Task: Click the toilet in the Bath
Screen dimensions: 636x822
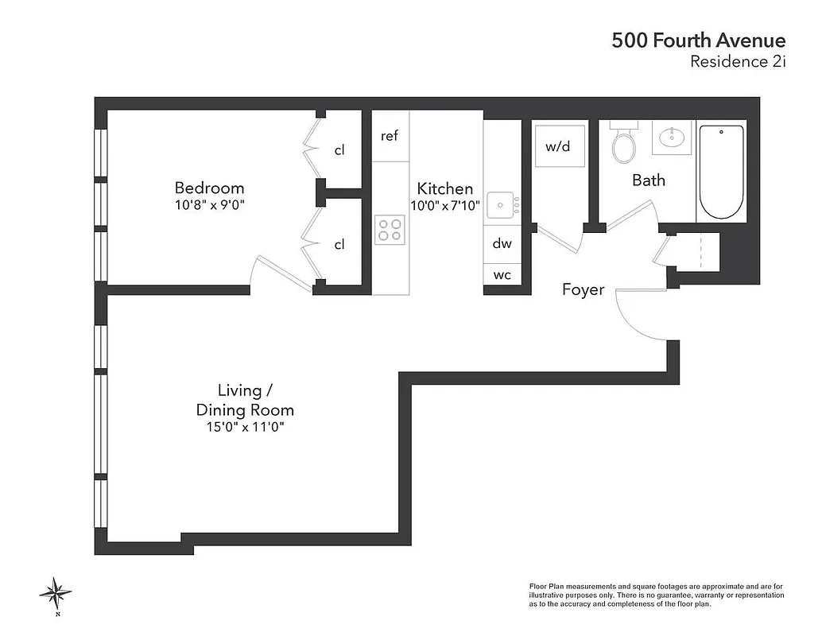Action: coord(623,144)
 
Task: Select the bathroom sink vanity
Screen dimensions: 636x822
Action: coord(673,138)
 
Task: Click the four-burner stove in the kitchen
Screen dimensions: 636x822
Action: coord(390,230)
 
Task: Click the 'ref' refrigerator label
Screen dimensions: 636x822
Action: coord(389,136)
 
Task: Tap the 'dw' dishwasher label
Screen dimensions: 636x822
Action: coord(502,244)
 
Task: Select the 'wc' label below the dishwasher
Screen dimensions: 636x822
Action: coord(502,275)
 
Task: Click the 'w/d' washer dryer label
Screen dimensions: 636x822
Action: coord(558,146)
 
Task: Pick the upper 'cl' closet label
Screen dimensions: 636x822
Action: coord(339,150)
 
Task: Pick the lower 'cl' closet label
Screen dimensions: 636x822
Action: coord(339,244)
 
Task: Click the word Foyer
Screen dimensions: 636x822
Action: coord(583,289)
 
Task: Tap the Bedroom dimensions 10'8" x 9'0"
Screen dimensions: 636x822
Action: coord(209,205)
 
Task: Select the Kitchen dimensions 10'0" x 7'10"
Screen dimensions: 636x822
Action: coord(445,205)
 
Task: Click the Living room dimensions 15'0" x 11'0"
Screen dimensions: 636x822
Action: coord(245,428)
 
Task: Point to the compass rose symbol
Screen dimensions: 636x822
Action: coord(56,592)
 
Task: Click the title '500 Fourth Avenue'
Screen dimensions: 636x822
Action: coord(698,41)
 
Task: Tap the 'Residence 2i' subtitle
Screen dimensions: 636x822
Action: coord(737,62)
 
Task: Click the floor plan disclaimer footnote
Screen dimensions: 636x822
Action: coord(657,595)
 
